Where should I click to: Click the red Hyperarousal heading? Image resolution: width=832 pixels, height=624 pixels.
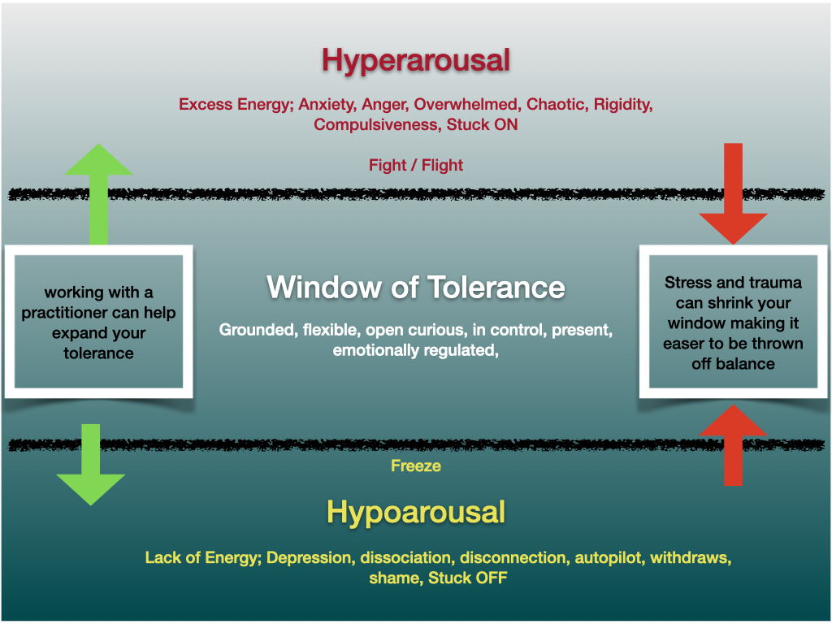415,60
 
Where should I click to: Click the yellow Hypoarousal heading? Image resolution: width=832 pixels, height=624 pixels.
415,512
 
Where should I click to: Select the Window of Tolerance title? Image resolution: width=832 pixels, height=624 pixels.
415,287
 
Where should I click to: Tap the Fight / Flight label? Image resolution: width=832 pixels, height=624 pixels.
415,165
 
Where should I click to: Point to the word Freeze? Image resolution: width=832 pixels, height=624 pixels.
415,466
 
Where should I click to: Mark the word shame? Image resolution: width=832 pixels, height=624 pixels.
394,578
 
